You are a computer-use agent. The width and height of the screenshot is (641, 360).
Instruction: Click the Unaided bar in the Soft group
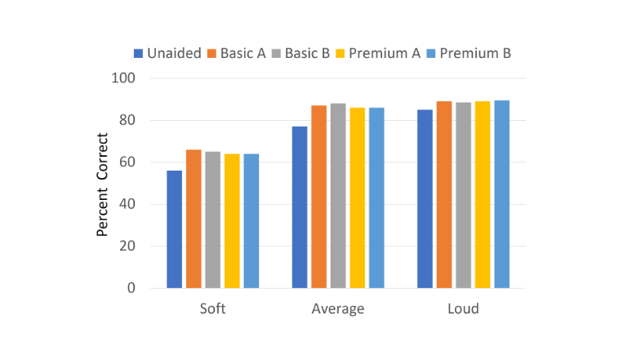(174, 229)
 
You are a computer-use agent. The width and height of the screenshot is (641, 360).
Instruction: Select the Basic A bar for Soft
(194, 219)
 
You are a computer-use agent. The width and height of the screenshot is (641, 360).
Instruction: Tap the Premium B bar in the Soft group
(252, 221)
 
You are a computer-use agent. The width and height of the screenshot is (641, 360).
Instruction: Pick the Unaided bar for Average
(300, 207)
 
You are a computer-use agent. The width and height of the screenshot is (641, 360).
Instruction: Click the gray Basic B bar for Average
(338, 196)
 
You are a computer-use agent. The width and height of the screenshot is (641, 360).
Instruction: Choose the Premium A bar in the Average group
(358, 198)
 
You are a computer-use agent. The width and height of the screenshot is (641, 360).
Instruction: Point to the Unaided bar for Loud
(425, 199)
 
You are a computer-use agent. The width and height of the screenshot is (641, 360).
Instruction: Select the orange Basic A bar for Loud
(444, 194)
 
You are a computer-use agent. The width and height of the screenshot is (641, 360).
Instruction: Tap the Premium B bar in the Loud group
(502, 194)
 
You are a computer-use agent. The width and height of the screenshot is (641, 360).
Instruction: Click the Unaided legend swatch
(138, 54)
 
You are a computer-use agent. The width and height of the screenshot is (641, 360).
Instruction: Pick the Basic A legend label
(243, 53)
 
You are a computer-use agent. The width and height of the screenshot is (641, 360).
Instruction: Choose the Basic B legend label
(307, 53)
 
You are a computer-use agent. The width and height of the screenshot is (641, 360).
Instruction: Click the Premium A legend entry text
(385, 53)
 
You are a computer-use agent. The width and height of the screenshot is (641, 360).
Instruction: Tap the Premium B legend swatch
(431, 54)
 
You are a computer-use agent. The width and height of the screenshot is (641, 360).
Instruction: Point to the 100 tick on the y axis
(123, 78)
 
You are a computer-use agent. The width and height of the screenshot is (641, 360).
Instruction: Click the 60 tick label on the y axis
(127, 162)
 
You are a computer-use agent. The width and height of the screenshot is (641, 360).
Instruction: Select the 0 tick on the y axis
(131, 288)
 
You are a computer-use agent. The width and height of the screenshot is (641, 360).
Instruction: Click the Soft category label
(212, 309)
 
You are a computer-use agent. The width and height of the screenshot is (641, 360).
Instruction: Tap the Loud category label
(463, 309)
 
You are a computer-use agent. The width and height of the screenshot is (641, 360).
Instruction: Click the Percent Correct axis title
(102, 184)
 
